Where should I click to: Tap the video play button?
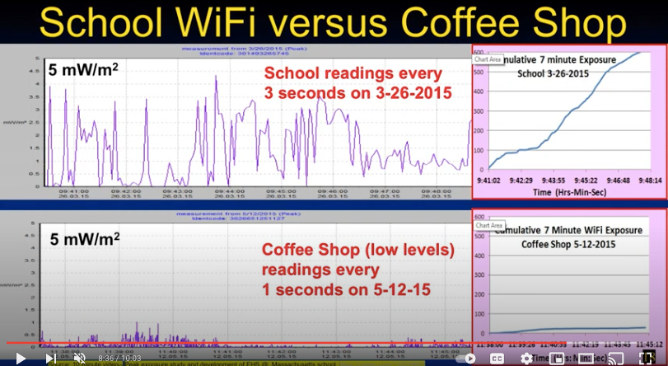click(21, 359)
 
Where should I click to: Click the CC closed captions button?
click(497, 359)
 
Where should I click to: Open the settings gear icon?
click(526, 359)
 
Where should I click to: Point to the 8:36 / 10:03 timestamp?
click(119, 359)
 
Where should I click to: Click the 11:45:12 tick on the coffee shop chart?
click(647, 344)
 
